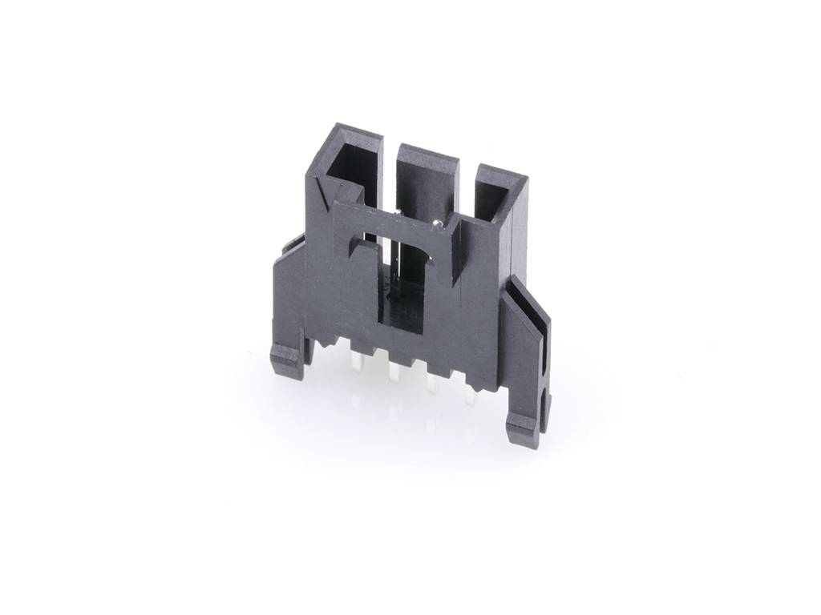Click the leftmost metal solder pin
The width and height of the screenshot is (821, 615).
(x=354, y=364)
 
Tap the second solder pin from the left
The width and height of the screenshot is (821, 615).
(x=394, y=376)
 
